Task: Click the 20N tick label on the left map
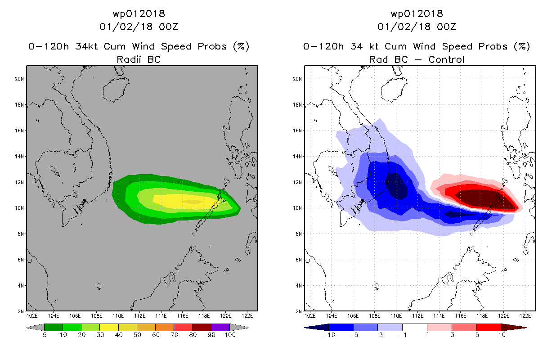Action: [x=19, y=79]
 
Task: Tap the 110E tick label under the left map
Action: [x=118, y=316]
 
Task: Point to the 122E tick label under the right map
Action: [x=525, y=316]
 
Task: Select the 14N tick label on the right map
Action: [x=297, y=157]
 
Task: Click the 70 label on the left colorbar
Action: [x=174, y=335]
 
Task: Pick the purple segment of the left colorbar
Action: [x=220, y=327]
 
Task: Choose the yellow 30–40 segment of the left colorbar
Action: [x=109, y=327]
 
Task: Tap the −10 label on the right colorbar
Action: [x=329, y=335]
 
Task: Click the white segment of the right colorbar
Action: [x=415, y=327]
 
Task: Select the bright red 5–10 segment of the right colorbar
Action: [x=489, y=327]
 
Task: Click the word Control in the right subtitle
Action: [x=446, y=59]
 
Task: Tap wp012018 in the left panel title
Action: [x=139, y=13]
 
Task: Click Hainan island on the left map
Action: [x=116, y=90]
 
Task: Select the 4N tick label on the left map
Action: [x=21, y=285]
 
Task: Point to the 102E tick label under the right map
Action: [x=310, y=316]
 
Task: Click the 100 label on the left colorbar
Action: [x=230, y=335]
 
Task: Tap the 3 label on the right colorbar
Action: [x=452, y=335]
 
